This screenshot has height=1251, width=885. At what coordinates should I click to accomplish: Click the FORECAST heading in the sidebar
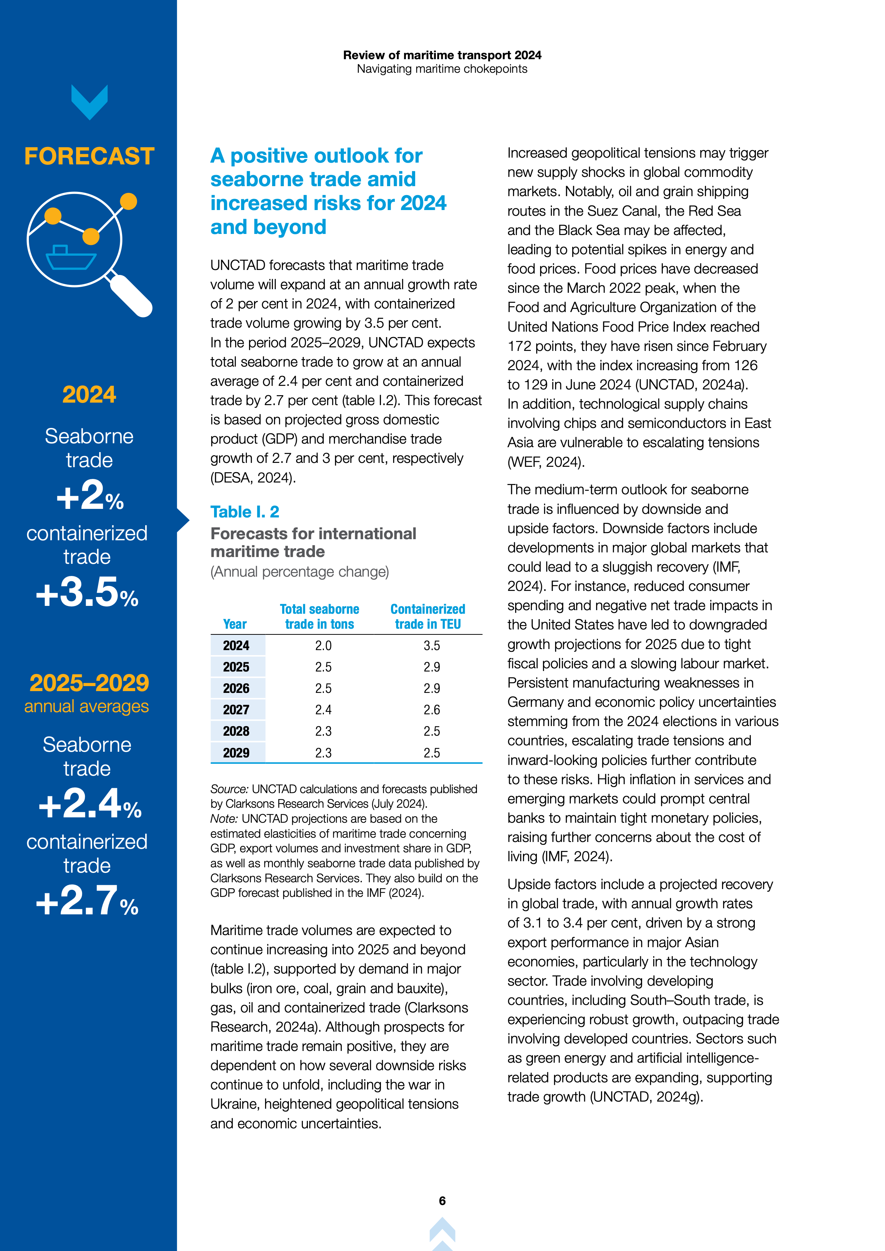(90, 156)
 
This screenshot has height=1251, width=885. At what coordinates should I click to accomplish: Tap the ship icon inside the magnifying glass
(70, 258)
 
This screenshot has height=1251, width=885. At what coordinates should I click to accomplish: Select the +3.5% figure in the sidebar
(87, 592)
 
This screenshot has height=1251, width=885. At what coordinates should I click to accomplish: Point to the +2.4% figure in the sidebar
(90, 804)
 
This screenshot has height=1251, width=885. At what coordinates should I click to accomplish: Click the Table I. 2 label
(245, 512)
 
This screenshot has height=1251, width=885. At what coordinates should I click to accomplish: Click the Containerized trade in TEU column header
(428, 617)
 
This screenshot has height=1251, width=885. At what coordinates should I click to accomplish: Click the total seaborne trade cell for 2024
(323, 646)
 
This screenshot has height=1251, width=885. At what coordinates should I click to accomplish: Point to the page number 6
(442, 1201)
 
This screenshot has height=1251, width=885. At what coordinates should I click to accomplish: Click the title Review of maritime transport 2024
(442, 55)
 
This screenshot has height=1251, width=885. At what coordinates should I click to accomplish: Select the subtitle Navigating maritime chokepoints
(442, 69)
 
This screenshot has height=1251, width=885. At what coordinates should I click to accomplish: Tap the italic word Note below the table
(224, 819)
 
